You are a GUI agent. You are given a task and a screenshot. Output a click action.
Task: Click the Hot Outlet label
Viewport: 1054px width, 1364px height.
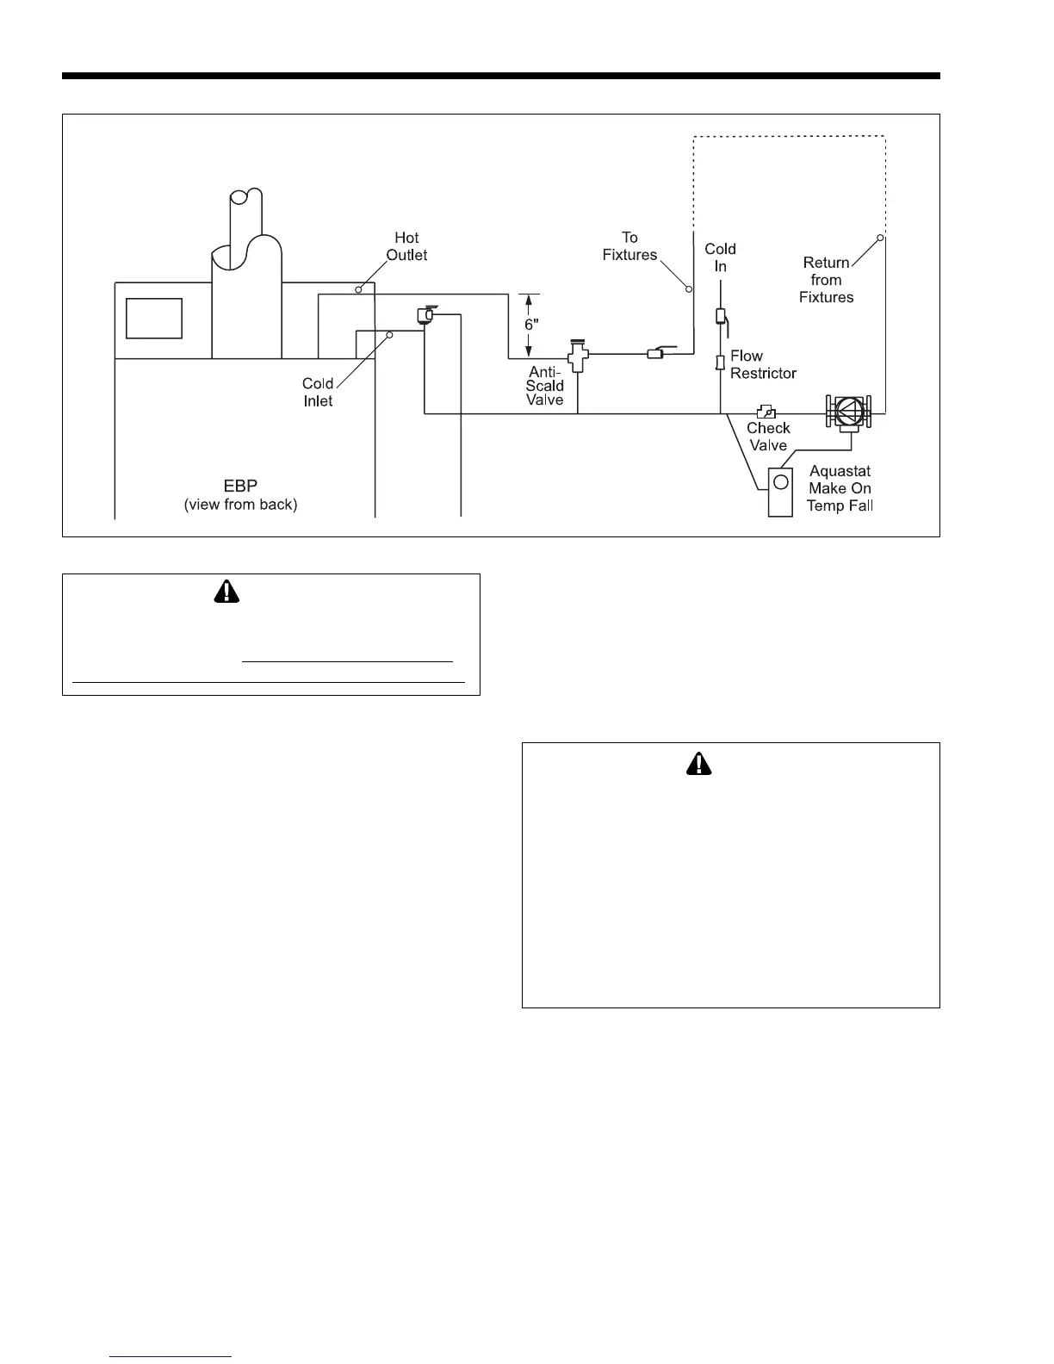(x=406, y=246)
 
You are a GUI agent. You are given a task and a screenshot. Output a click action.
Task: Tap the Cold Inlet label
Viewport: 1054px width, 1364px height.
(x=318, y=392)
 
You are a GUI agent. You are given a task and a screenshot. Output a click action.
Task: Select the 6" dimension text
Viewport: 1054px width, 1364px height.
(x=532, y=325)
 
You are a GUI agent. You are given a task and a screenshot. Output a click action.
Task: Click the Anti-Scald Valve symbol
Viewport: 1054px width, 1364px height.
(x=577, y=355)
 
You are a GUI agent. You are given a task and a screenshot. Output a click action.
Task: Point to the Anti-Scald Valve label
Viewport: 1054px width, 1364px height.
(x=545, y=386)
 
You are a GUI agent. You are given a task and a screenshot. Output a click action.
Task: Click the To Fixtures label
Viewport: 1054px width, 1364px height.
(x=629, y=246)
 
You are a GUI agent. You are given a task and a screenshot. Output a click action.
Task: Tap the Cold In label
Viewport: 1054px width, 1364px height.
(x=721, y=257)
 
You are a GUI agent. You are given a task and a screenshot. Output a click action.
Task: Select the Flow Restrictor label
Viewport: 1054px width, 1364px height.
(x=763, y=364)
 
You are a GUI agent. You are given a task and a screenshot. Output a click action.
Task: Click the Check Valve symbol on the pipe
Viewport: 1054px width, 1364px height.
(x=766, y=412)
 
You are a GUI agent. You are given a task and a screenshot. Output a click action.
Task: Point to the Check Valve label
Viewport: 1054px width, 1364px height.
(x=768, y=437)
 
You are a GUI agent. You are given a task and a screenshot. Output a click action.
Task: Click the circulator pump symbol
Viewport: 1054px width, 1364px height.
(x=849, y=412)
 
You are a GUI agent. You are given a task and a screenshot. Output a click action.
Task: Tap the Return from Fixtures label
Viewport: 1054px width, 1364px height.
(x=827, y=280)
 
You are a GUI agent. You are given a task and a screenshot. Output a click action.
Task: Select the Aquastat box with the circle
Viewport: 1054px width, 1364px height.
(x=780, y=492)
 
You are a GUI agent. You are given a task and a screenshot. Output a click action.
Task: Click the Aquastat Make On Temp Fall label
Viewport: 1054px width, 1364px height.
(x=840, y=488)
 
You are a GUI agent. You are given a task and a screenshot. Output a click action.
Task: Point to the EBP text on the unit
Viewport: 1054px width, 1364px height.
(x=240, y=487)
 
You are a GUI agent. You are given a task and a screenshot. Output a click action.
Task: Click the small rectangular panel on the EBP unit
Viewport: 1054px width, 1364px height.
(x=154, y=319)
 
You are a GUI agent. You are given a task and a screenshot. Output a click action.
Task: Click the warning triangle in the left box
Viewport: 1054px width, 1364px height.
(x=227, y=591)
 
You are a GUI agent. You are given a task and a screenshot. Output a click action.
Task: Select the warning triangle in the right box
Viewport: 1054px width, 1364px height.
(x=699, y=763)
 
